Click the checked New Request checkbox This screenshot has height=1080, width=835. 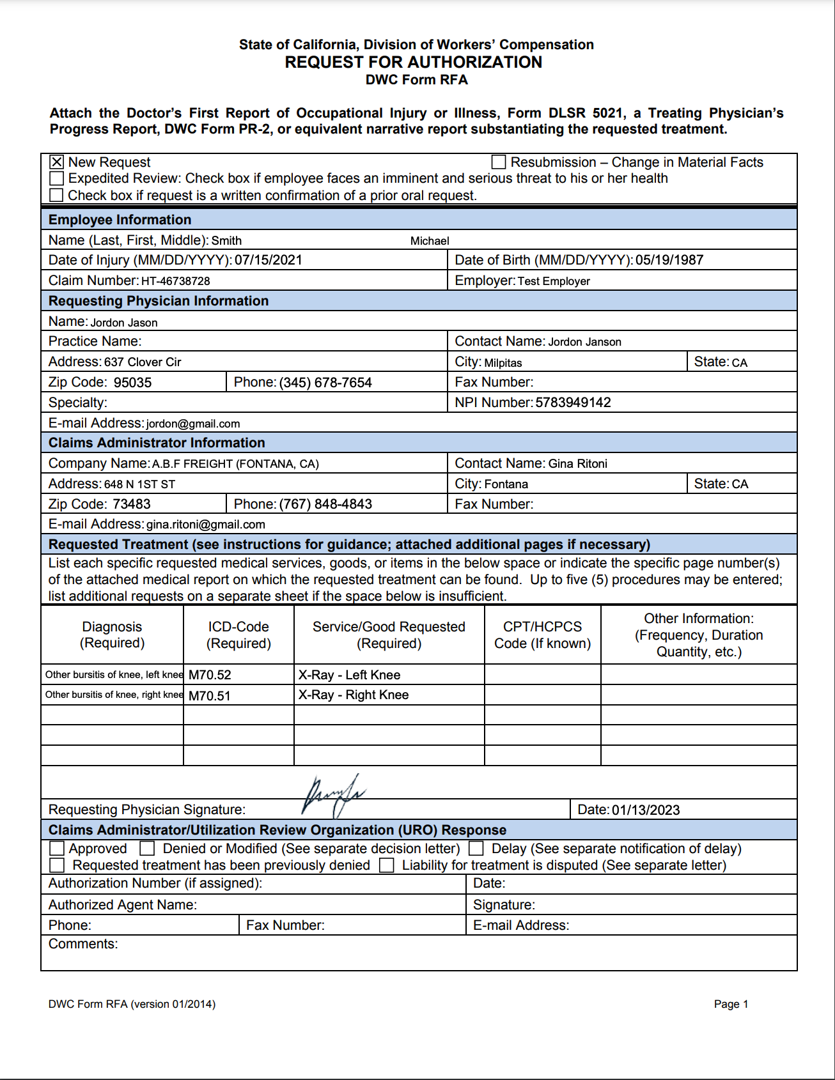pyautogui.click(x=56, y=162)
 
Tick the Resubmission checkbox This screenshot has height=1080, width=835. pyautogui.click(x=499, y=162)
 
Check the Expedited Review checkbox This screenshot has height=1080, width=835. pyautogui.click(x=56, y=178)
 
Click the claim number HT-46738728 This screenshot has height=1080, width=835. pyautogui.click(x=175, y=281)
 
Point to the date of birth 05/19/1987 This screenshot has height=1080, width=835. pyautogui.click(x=669, y=260)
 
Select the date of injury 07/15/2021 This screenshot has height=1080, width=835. pyautogui.click(x=268, y=260)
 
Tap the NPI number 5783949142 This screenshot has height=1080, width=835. pyautogui.click(x=573, y=403)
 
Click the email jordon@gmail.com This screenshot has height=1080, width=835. pyautogui.click(x=193, y=424)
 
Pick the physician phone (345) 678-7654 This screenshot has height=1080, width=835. pyautogui.click(x=325, y=383)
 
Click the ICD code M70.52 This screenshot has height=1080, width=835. pyautogui.click(x=210, y=675)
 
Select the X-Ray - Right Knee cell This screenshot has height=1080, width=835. pyautogui.click(x=354, y=695)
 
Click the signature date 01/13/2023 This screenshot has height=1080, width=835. pyautogui.click(x=646, y=810)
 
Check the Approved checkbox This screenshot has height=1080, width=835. pyautogui.click(x=57, y=849)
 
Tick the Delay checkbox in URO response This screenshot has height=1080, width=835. pyautogui.click(x=476, y=849)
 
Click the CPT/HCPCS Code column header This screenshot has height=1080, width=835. pyautogui.click(x=542, y=635)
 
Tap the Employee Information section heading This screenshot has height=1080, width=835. pyautogui.click(x=120, y=220)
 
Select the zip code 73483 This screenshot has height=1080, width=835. pyautogui.click(x=131, y=504)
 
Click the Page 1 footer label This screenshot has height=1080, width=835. pyautogui.click(x=731, y=1004)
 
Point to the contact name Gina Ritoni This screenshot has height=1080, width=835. pyautogui.click(x=577, y=464)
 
